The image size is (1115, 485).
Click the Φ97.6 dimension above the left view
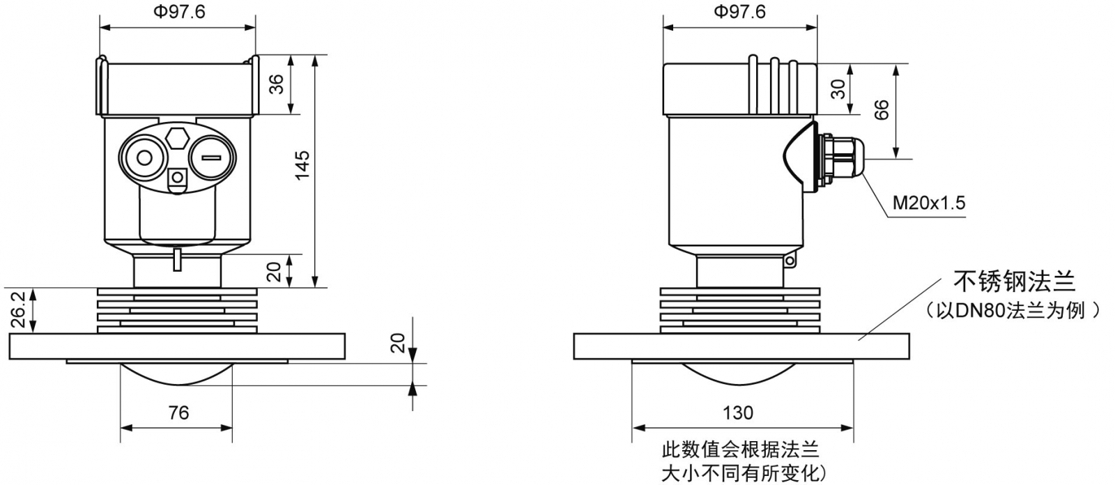[178, 12]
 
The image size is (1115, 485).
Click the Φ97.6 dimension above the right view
[739, 12]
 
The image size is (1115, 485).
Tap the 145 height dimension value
[301, 165]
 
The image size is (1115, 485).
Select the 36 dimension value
[276, 84]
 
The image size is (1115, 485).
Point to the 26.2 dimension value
[18, 309]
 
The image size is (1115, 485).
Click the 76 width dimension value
[178, 413]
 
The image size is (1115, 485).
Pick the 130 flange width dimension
[737, 413]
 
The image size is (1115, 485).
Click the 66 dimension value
[881, 110]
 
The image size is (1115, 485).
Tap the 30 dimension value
[838, 88]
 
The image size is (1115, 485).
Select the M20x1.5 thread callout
[929, 203]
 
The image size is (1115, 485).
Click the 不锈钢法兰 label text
[1014, 282]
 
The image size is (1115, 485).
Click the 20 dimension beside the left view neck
[276, 270]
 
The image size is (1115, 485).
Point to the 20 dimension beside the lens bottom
[397, 343]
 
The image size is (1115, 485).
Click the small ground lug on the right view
[790, 262]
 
